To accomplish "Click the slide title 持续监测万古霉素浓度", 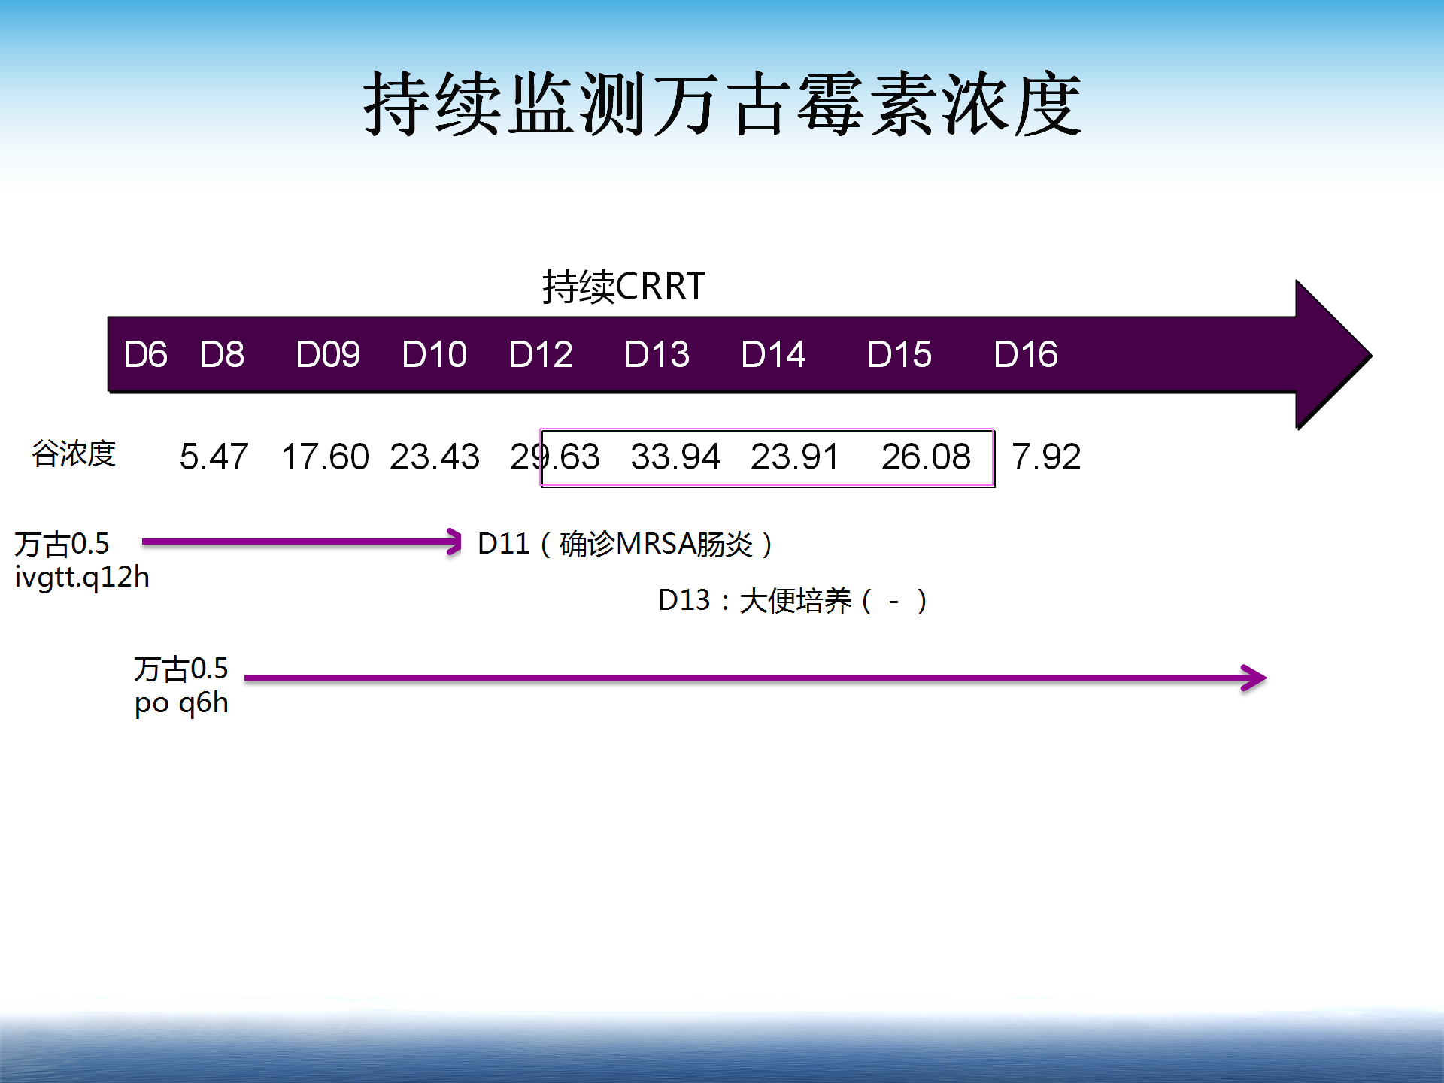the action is point(722,104).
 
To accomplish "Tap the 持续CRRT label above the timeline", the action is point(623,287).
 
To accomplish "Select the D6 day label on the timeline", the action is point(145,354).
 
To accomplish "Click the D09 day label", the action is point(328,354).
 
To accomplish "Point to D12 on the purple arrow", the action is point(540,354).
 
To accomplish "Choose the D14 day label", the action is point(773,354).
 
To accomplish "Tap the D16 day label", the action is point(1026,354).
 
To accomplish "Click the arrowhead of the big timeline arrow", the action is point(1333,355).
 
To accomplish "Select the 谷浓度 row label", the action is point(74,454).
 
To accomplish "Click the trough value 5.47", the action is point(214,457).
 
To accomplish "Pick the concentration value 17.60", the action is point(325,457).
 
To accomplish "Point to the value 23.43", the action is point(435,457).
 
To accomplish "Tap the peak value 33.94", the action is point(675,457).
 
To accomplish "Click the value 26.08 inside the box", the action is point(926,457).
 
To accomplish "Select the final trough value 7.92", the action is point(1046,457).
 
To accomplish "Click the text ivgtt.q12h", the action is point(82,578).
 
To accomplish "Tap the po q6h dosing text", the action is point(181,703).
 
